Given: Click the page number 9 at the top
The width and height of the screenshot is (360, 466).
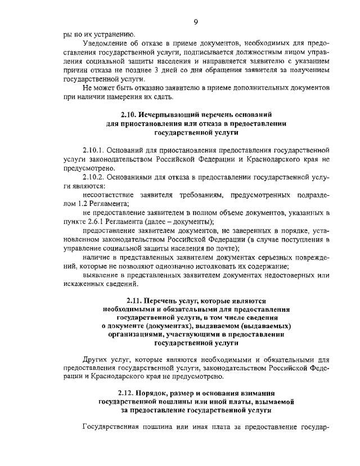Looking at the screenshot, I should pyautogui.click(x=196, y=22).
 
